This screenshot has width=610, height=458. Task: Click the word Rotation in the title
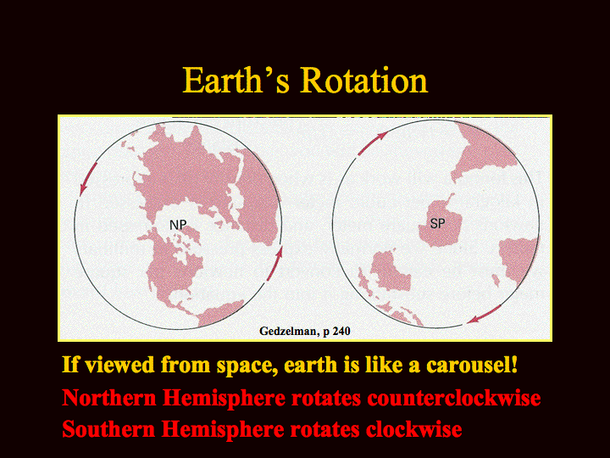click(364, 81)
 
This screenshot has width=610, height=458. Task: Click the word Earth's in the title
click(236, 81)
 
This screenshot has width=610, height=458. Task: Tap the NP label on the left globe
click(178, 225)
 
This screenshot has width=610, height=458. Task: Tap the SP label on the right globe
click(438, 224)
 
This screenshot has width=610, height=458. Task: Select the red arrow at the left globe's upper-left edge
click(88, 179)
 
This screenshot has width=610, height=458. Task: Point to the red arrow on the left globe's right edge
click(274, 263)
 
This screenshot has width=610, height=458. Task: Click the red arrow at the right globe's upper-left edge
click(372, 143)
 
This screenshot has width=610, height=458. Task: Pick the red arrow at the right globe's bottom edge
click(485, 314)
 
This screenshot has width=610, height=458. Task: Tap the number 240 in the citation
click(341, 331)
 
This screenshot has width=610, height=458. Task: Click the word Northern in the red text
click(109, 398)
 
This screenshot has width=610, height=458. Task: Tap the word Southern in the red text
click(108, 429)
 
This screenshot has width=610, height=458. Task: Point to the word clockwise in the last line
click(413, 429)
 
